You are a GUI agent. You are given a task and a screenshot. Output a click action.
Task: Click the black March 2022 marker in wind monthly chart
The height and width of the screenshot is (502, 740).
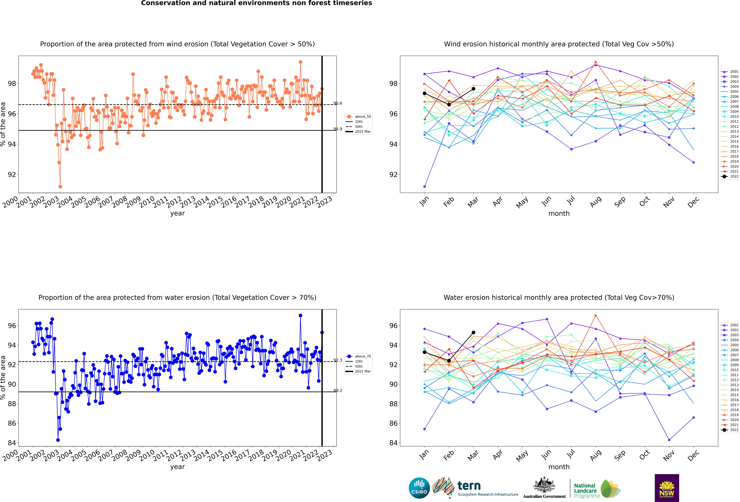point(473,89)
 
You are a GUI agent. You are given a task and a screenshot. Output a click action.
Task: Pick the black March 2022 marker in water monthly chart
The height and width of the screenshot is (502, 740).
point(473,332)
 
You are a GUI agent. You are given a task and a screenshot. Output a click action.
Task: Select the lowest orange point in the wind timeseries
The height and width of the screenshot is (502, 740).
point(60,186)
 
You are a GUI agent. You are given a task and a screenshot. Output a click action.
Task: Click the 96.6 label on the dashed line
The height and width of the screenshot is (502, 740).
point(338,103)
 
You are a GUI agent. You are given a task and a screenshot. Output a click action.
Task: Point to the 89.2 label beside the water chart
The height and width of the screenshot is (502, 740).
point(338,390)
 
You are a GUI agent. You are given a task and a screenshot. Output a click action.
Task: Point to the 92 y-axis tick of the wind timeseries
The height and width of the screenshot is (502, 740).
point(12,175)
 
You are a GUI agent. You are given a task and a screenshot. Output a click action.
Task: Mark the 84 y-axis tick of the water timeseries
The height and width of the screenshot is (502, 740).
point(12,443)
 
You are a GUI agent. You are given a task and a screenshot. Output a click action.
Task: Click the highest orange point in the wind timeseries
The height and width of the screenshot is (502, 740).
point(300,62)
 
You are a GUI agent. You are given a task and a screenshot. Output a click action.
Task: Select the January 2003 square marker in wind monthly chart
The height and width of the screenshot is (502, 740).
point(424,186)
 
